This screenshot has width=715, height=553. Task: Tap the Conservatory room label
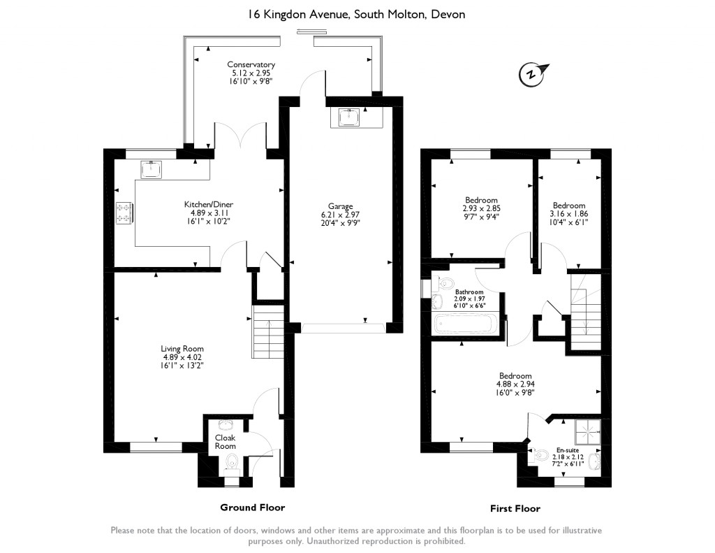click(251, 65)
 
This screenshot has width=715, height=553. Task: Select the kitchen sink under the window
click(151, 169)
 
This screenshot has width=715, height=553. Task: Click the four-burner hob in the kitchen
click(124, 213)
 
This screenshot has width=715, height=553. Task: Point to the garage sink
click(349, 117)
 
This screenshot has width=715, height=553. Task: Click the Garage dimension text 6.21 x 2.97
click(340, 215)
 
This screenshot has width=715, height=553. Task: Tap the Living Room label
click(182, 349)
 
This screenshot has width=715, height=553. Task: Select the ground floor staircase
click(268, 332)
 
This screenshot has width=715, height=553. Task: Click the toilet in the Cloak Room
click(232, 462)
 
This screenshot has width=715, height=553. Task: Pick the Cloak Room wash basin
click(226, 425)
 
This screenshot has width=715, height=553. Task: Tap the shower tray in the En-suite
click(588, 432)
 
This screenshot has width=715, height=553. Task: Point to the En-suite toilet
click(540, 455)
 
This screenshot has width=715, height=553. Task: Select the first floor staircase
click(586, 312)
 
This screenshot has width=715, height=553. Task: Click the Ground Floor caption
click(253, 508)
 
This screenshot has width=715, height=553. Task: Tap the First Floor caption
click(515, 508)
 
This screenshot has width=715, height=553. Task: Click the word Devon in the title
click(448, 15)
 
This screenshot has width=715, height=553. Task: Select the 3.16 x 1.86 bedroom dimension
click(568, 214)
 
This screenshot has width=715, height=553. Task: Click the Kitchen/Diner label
click(208, 205)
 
